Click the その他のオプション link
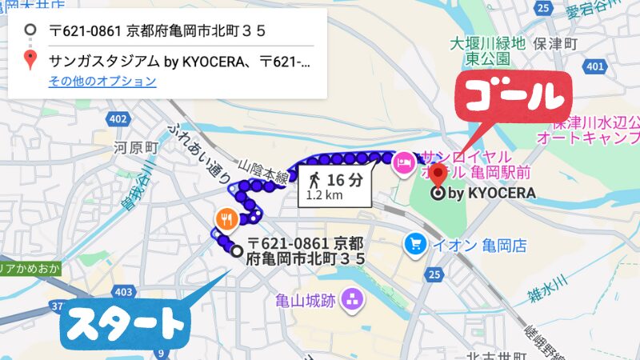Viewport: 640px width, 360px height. coord(102,81)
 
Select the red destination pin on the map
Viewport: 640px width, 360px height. coord(438,175)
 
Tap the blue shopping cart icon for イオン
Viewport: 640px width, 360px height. coord(416,242)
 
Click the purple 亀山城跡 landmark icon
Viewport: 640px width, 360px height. coord(350,301)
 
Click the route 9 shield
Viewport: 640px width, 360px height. coord(161,353)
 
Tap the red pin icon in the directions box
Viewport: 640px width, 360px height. coord(30,60)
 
